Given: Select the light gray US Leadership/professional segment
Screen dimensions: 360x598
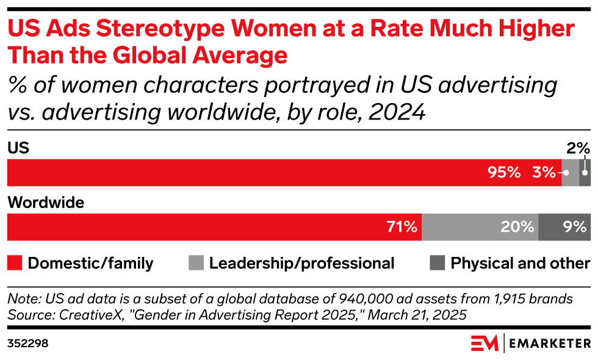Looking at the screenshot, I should click(570, 173).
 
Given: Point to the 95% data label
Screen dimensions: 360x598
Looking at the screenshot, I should click(504, 173).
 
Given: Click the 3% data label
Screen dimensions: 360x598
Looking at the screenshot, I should click(543, 173).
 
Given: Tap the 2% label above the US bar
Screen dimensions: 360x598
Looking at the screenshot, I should click(578, 148).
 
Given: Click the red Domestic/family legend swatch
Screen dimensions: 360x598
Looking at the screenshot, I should click(15, 264).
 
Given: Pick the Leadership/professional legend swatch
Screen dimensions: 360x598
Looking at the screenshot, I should click(196, 264).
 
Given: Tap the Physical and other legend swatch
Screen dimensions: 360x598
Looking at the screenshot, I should click(438, 264).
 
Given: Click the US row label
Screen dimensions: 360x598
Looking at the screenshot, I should click(18, 148).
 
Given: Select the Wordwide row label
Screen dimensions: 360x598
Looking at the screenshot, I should click(45, 203).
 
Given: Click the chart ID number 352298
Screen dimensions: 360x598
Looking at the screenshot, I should click(27, 344).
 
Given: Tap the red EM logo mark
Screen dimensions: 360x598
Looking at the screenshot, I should click(484, 344).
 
